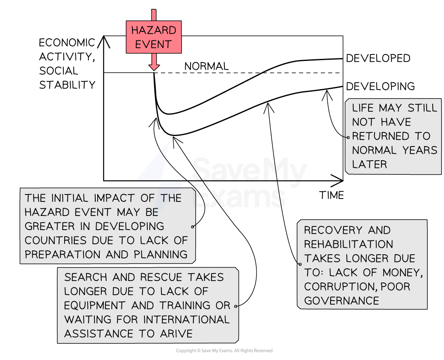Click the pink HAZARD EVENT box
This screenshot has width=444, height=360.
(153, 37)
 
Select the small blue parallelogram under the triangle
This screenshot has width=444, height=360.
(172, 184)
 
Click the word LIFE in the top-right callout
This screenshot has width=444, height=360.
(362, 108)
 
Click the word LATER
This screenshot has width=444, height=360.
(369, 164)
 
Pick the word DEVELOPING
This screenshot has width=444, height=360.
(130, 226)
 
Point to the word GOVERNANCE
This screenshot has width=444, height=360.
(341, 301)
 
